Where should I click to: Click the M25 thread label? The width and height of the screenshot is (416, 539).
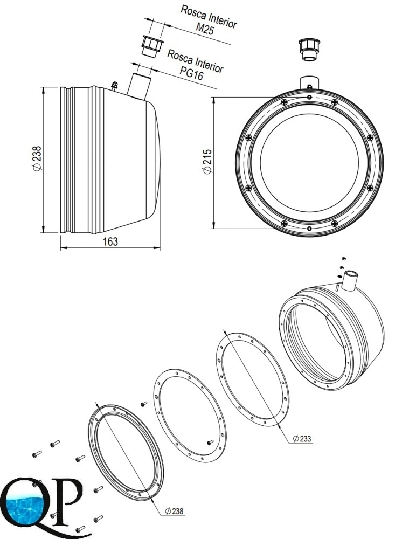(x=205, y=29)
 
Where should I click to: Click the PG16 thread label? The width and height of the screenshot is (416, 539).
(x=191, y=73)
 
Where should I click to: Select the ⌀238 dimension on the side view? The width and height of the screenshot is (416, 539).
(x=37, y=158)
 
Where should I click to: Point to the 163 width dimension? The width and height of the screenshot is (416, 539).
(x=110, y=241)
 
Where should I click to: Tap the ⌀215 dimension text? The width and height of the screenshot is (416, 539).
(x=207, y=162)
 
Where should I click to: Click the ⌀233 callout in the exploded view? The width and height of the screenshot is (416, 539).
(x=302, y=438)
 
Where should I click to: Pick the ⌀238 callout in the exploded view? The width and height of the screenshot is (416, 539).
(x=174, y=511)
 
